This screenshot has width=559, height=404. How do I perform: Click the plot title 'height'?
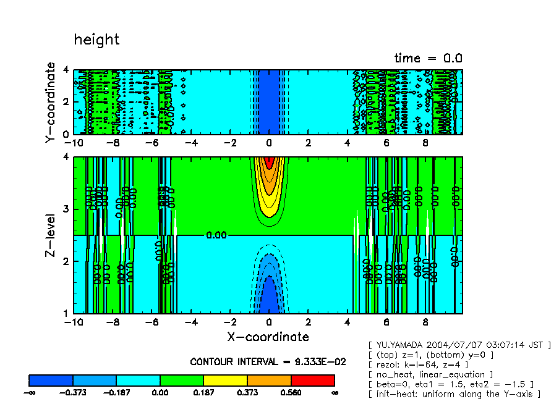click(x=96, y=40)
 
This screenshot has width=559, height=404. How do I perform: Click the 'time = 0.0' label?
click(x=428, y=59)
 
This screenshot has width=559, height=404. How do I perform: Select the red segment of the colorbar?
click(x=312, y=380)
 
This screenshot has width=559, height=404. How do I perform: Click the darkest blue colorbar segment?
click(x=51, y=380)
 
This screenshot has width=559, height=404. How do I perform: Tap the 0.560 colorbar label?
click(x=291, y=392)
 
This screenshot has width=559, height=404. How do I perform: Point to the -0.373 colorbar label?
click(x=73, y=392)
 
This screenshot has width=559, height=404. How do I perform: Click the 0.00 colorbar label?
click(x=160, y=392)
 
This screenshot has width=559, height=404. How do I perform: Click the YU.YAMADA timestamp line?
click(x=459, y=344)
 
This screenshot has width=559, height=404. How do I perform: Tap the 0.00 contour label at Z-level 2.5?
click(x=217, y=235)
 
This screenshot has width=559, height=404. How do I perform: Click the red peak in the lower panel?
click(x=268, y=162)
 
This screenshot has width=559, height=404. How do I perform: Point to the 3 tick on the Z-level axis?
click(x=66, y=209)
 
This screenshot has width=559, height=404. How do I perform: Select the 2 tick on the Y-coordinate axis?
click(x=66, y=102)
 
